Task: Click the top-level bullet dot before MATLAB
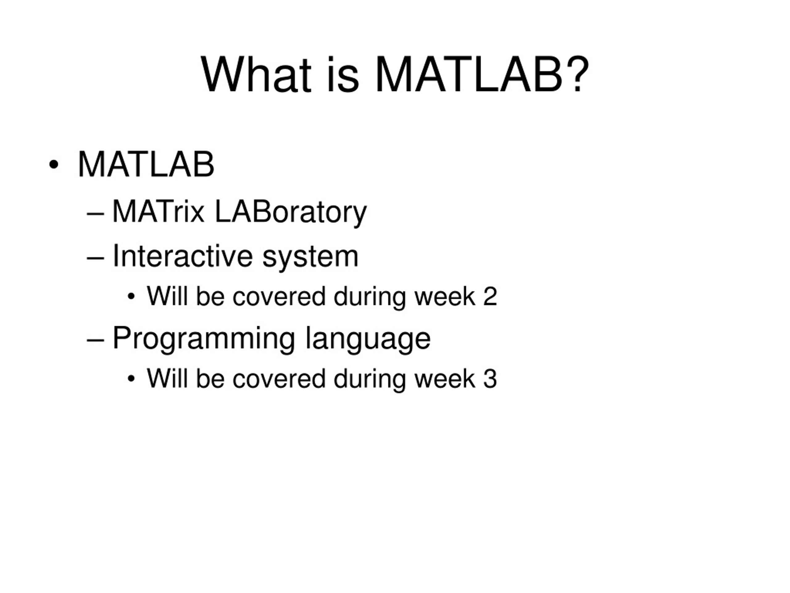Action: (54, 165)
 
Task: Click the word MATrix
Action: (158, 212)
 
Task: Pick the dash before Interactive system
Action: (95, 258)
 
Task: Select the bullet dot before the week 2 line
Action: (131, 296)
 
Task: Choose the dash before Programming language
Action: (95, 340)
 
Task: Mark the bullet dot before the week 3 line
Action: (131, 379)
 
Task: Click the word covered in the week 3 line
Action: (279, 379)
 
